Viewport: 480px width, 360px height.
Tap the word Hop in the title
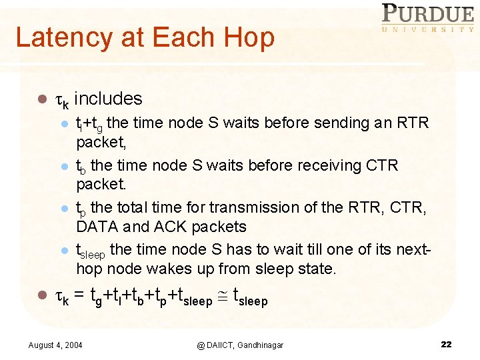tap(254, 37)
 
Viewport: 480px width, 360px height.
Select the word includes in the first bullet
tap(108, 99)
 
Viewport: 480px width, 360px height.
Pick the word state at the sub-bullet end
tap(317, 269)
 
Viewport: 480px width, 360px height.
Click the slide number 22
tap(446, 344)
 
